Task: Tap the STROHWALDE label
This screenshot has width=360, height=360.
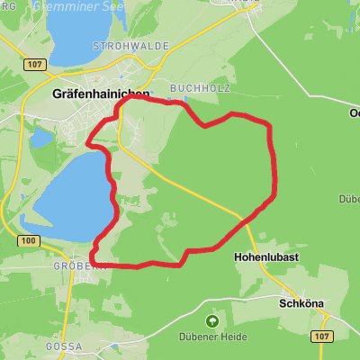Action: pyautogui.click(x=119, y=45)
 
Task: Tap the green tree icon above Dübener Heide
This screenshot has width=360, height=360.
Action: pyautogui.click(x=212, y=319)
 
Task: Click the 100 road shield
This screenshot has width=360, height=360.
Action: pyautogui.click(x=29, y=241)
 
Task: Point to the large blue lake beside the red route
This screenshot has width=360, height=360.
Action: pyautogui.click(x=67, y=193)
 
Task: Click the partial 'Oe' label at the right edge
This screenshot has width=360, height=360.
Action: pyautogui.click(x=353, y=112)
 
